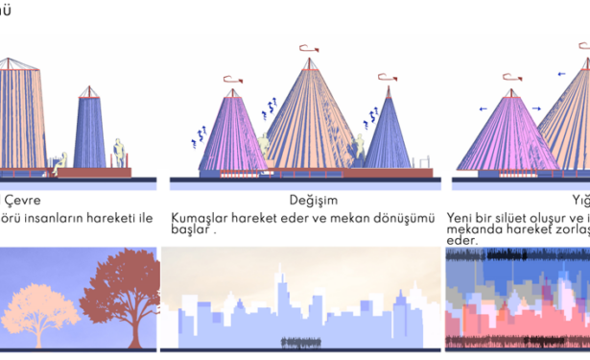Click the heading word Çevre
[x=24, y=201]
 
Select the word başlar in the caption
[x=192, y=230]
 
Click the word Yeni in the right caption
[x=460, y=218]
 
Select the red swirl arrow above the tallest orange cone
[x=309, y=47]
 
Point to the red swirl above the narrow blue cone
[x=388, y=77]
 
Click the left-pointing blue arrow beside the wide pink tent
[x=484, y=108]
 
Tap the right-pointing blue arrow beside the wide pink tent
[x=536, y=108]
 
